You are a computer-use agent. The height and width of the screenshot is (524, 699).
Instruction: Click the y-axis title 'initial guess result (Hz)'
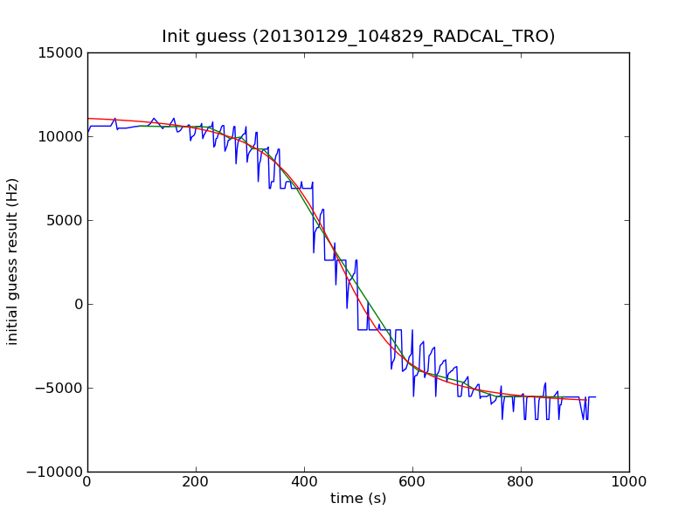click(x=13, y=261)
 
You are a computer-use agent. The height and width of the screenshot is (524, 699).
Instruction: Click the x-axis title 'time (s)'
click(x=358, y=499)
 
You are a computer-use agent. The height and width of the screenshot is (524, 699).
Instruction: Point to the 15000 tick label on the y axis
click(x=59, y=52)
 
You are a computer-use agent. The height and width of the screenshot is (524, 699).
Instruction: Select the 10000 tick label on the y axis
click(x=59, y=136)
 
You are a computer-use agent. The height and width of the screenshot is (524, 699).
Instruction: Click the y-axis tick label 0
click(x=78, y=304)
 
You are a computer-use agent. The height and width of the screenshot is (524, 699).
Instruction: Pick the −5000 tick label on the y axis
click(x=59, y=388)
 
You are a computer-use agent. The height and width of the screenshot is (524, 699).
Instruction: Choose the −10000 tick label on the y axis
click(x=55, y=472)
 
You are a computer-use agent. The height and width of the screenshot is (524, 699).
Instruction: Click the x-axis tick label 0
click(x=87, y=481)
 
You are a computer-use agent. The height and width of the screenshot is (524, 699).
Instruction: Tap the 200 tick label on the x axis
click(x=196, y=481)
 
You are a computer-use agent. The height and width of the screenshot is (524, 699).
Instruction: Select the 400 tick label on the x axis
click(x=304, y=481)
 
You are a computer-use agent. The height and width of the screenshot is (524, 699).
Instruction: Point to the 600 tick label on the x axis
click(x=412, y=481)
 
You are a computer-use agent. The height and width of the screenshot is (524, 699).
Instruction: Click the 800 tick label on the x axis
click(x=521, y=481)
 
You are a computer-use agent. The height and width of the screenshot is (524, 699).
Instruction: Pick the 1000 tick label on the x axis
click(x=629, y=481)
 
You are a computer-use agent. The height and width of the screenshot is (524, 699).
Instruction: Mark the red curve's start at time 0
click(x=88, y=118)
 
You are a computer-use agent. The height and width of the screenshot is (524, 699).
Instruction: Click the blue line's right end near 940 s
click(x=595, y=396)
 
